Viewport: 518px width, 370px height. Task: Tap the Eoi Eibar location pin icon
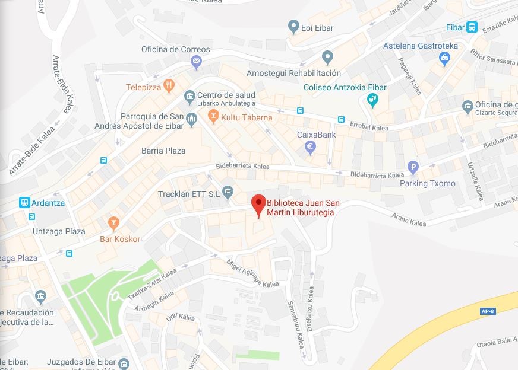click(293, 27)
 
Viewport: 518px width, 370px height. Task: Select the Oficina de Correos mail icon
click(197, 62)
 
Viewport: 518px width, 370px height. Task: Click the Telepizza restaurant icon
click(169, 87)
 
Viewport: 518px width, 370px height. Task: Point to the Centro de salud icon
click(189, 95)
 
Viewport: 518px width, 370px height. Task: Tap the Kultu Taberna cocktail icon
click(213, 117)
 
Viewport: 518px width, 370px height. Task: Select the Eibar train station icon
click(472, 27)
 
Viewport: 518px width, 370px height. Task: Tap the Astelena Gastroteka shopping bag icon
click(444, 58)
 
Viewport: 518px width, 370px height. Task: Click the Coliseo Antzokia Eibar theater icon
click(372, 100)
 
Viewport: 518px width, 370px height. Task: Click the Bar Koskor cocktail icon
click(113, 224)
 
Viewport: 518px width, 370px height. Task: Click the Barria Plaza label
click(163, 151)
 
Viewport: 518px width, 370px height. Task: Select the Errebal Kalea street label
click(369, 128)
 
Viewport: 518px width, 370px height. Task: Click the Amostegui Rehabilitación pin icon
click(327, 58)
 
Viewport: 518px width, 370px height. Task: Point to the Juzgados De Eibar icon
click(124, 362)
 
